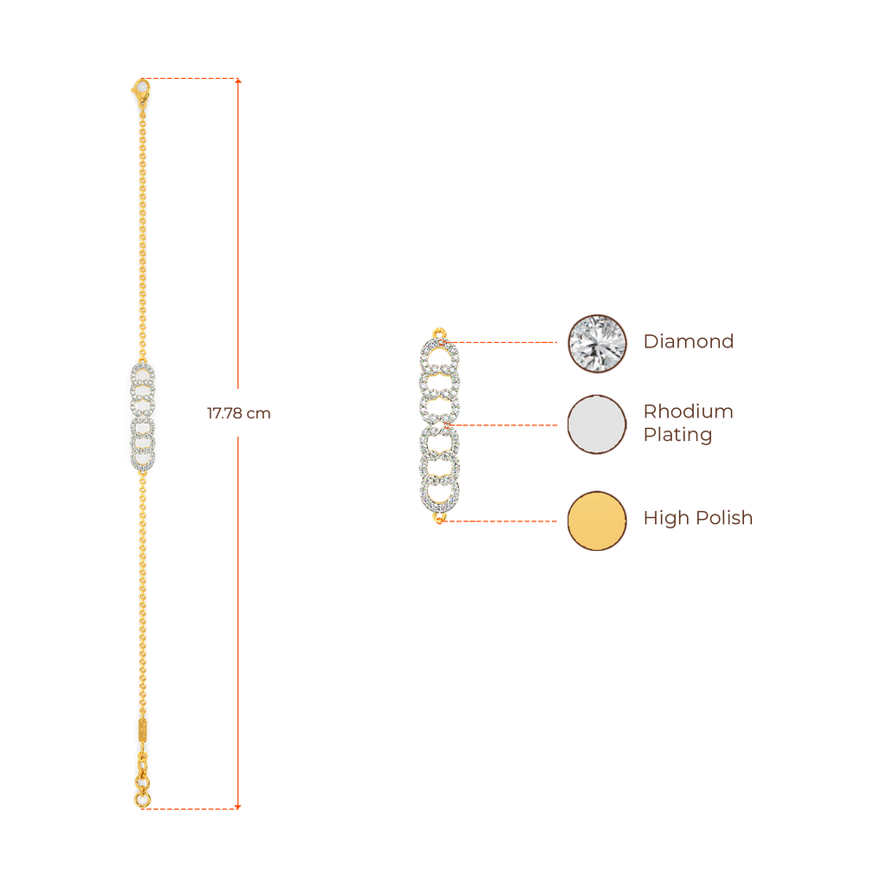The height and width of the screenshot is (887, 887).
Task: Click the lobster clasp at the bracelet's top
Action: [x=140, y=89]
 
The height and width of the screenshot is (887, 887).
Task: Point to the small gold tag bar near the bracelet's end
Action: [x=141, y=728]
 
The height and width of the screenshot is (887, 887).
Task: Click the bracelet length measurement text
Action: [x=238, y=414]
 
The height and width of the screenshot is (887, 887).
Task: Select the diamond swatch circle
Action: [x=597, y=343]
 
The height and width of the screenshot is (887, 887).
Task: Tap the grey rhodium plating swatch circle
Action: [x=597, y=424]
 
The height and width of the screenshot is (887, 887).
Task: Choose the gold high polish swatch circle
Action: [x=597, y=521]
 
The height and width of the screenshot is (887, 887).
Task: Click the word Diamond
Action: [x=689, y=341]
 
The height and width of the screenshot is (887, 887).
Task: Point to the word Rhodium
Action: [x=688, y=411]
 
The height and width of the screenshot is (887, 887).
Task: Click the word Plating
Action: [x=677, y=435]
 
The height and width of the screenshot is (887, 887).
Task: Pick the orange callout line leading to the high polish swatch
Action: [x=502, y=521]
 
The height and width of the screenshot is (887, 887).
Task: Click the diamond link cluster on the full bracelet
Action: [x=143, y=418]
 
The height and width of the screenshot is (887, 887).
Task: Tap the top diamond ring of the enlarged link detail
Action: [x=439, y=354]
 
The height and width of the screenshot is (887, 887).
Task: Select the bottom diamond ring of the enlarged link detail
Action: [x=439, y=494]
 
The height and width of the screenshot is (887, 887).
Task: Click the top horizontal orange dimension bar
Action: [x=191, y=79]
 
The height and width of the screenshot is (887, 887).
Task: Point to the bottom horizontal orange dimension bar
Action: [x=191, y=808]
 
